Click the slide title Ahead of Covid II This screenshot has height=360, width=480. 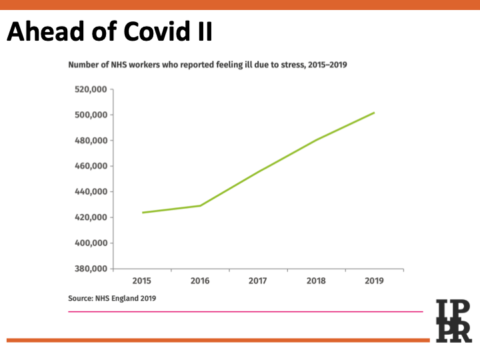109,31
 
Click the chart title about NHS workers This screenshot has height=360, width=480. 207,65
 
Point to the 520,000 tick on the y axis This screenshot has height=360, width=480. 90,89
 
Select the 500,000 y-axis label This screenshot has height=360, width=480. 90,115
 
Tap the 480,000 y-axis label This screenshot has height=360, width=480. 90,141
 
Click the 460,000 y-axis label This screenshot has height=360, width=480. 90,166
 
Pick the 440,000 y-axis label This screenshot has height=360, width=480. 90,192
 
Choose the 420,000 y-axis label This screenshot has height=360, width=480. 90,217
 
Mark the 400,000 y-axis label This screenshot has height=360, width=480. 90,243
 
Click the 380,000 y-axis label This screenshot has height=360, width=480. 90,269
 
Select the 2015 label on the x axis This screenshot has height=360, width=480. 142,281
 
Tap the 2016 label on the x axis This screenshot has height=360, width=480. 200,281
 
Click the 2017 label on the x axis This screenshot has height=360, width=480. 258,281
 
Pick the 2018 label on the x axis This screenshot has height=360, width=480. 316,281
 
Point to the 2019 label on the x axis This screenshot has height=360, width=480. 374,281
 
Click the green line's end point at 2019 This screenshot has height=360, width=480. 374,113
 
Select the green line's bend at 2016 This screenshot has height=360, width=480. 200,205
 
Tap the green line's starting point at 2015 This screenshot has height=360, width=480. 143,213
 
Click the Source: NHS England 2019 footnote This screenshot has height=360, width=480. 112,299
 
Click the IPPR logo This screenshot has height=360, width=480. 453,321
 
